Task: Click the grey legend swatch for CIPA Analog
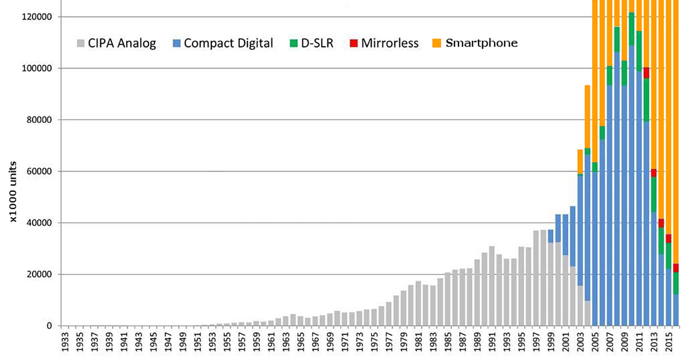tap(81, 43)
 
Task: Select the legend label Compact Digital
tap(228, 43)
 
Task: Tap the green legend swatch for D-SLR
tap(294, 43)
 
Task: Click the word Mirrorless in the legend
tap(389, 43)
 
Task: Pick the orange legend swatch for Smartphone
tap(436, 43)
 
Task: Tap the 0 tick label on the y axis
tap(49, 326)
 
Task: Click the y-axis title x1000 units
tap(13, 192)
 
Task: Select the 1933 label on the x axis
tap(65, 342)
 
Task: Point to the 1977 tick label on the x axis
tap(388, 342)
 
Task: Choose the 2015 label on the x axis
tap(668, 342)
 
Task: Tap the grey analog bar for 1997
tap(536, 279)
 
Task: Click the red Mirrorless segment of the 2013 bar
tap(653, 173)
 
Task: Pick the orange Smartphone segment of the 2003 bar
tap(580, 162)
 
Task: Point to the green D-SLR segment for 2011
tap(639, 51)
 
